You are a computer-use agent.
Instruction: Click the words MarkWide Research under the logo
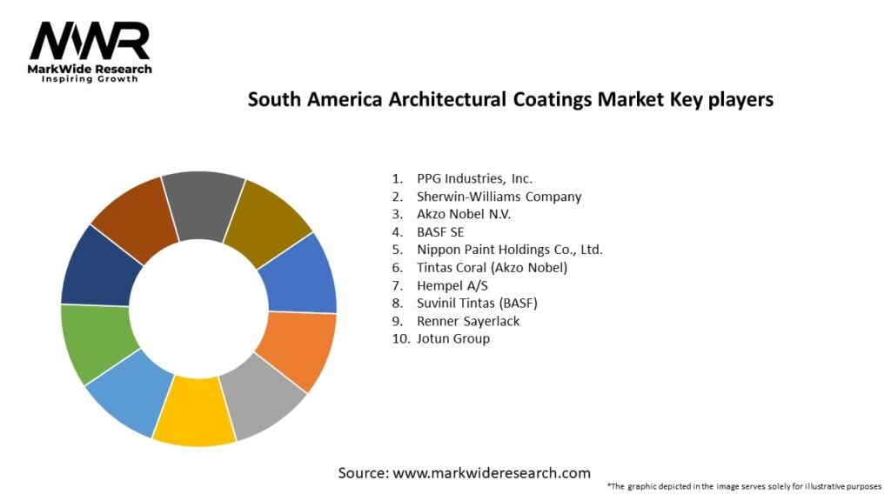pyautogui.click(x=90, y=69)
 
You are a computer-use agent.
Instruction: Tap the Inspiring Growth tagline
pyautogui.click(x=90, y=80)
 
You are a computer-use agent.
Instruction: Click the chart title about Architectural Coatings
pyautogui.click(x=510, y=100)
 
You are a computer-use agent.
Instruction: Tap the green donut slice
pyautogui.click(x=97, y=343)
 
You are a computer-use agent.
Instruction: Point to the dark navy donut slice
pyautogui.click(x=101, y=264)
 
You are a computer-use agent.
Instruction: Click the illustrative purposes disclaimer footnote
pyautogui.click(x=744, y=486)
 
